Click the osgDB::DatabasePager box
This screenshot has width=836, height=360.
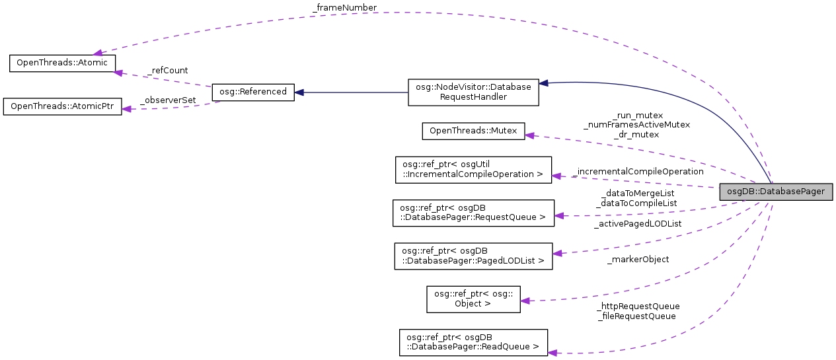click(775, 192)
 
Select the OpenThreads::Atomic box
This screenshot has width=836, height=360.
click(62, 63)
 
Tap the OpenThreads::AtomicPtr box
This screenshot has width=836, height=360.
click(62, 107)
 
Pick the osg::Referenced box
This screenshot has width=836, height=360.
click(252, 92)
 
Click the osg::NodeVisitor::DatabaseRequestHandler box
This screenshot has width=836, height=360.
click(473, 92)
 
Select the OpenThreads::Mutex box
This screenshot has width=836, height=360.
click(473, 131)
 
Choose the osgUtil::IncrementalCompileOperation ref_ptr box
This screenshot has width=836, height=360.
click(473, 170)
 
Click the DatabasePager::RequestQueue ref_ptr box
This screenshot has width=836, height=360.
click(473, 213)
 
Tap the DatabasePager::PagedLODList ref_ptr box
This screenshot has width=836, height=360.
click(473, 256)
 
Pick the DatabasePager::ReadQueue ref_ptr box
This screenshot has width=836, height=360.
click(473, 343)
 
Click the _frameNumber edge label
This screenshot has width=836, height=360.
click(344, 8)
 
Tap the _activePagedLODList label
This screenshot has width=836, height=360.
click(638, 224)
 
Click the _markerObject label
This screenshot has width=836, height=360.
click(638, 260)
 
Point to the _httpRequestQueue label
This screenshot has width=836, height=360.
click(638, 306)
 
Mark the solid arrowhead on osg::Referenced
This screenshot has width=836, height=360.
click(299, 92)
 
